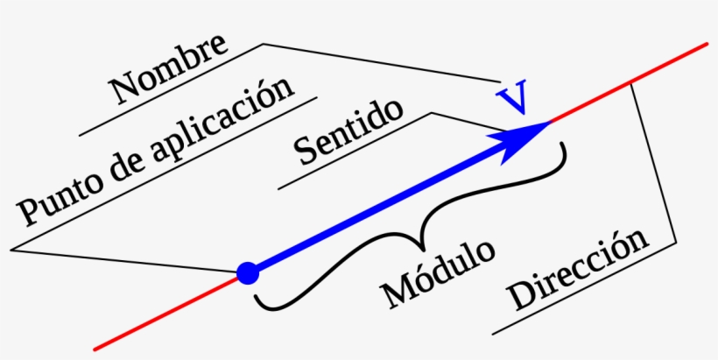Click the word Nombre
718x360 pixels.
point(168,68)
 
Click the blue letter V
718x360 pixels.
point(512,97)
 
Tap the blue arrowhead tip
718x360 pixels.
point(551,122)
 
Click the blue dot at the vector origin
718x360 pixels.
point(248,273)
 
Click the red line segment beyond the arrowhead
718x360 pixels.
point(629,83)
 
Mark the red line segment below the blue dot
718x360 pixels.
point(165,314)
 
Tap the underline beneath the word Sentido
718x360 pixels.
point(355,152)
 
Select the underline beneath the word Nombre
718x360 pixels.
point(171,89)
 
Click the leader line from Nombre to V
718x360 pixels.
point(382,63)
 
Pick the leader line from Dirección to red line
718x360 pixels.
point(654,164)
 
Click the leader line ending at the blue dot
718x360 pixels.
point(123,261)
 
